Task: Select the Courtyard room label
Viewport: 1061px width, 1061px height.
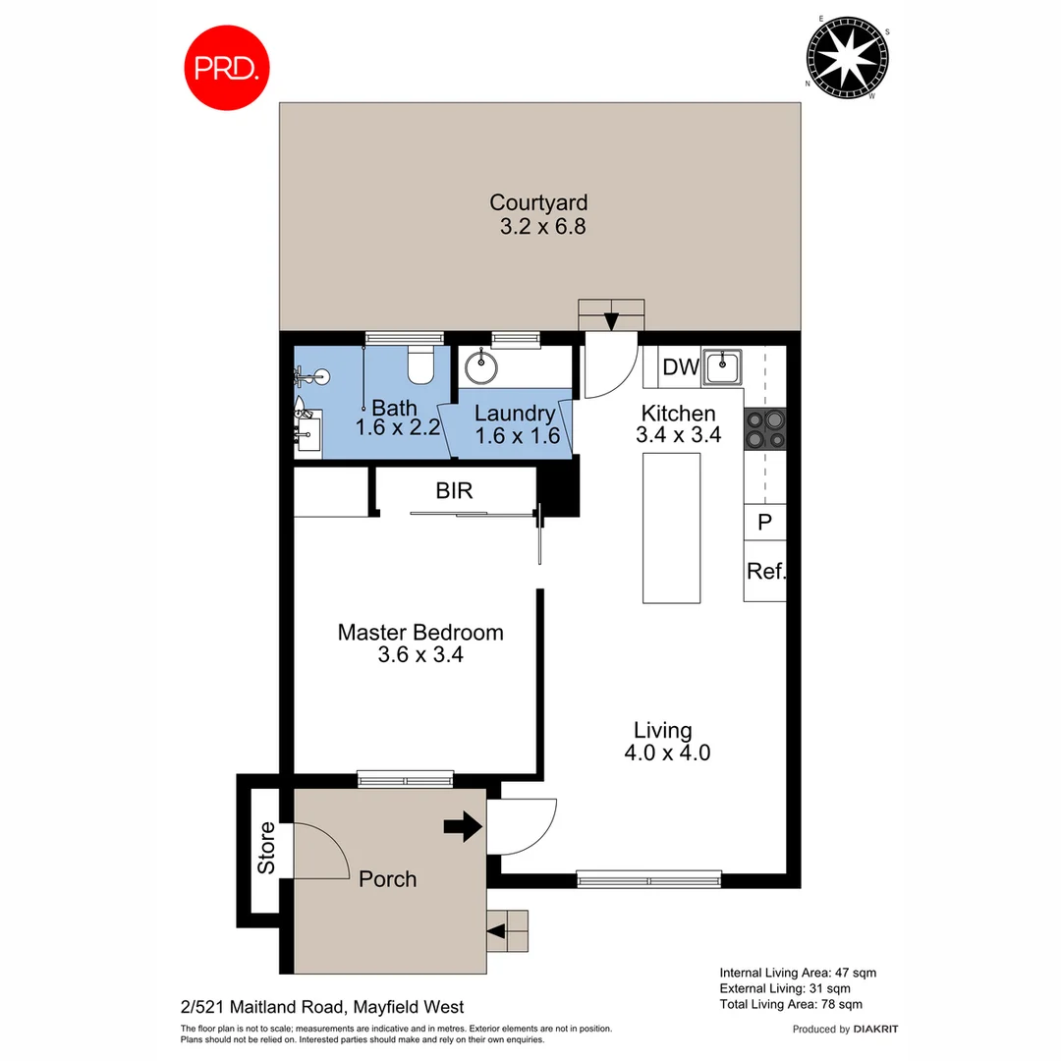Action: coord(538,203)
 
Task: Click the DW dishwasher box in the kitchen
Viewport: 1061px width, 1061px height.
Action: coord(680,367)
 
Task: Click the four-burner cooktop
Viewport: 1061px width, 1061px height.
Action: coord(765,428)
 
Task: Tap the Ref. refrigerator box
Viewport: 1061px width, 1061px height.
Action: coord(764,571)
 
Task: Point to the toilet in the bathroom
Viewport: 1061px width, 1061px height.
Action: coord(420,365)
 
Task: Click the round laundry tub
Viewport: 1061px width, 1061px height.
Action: coord(481,368)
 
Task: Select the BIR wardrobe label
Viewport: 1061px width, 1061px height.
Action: coord(455,490)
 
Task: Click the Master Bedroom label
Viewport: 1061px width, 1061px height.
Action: coord(420,633)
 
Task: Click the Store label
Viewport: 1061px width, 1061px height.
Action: coord(266,848)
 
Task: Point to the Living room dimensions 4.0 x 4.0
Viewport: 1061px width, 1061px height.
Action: coord(667,754)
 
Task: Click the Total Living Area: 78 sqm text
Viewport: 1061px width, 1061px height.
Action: coord(791,1004)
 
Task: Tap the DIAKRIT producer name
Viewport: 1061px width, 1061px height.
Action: coord(876,1030)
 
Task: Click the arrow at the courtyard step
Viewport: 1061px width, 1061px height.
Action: coord(611,320)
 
